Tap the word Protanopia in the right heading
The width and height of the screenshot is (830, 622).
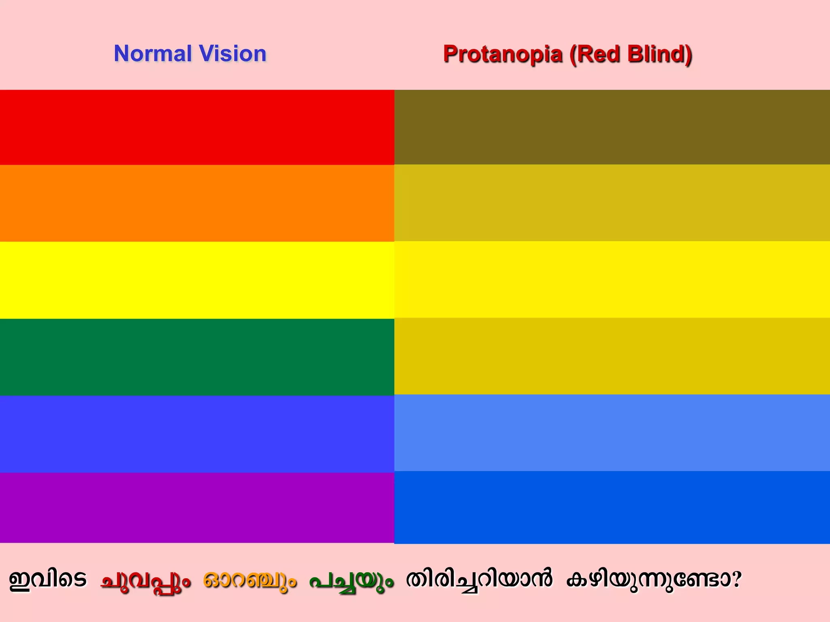[x=503, y=54]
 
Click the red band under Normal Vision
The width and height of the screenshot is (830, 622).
[x=197, y=127]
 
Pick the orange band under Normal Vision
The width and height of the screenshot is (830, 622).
[x=197, y=203]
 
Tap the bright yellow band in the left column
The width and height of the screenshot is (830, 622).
[x=197, y=280]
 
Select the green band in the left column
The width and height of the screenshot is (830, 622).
[x=197, y=357]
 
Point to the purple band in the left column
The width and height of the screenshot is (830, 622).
[x=197, y=507]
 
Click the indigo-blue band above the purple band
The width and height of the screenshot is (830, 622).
[x=197, y=434]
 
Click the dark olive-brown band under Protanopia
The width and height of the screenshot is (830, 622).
[x=612, y=127]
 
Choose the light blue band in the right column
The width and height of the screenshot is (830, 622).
[x=612, y=433]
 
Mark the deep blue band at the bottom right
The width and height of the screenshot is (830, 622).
[x=612, y=507]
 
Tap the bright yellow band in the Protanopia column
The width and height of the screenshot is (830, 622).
[x=612, y=279]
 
